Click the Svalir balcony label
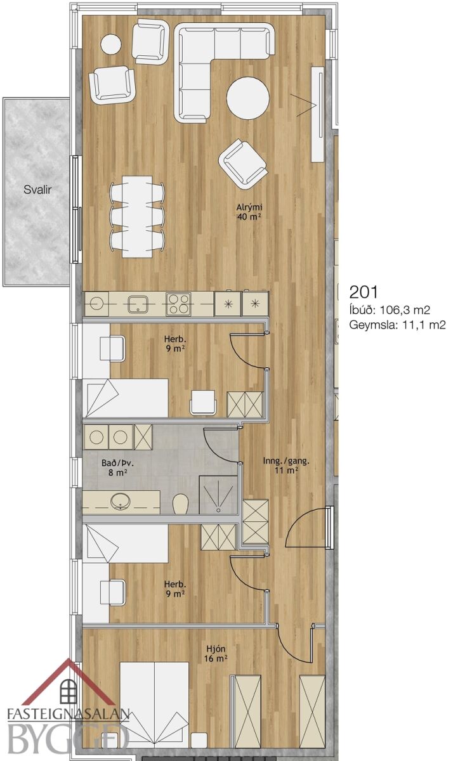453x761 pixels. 37,190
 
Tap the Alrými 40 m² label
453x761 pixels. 250,212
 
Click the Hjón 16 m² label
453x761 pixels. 216,654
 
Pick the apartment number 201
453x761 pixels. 364,292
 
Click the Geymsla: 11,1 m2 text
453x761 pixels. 397,325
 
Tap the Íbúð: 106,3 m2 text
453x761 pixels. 390,310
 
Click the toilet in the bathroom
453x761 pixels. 180,504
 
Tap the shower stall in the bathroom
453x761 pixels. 218,495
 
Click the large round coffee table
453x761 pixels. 248,98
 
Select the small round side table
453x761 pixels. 111,44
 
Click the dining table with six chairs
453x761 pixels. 137,216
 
